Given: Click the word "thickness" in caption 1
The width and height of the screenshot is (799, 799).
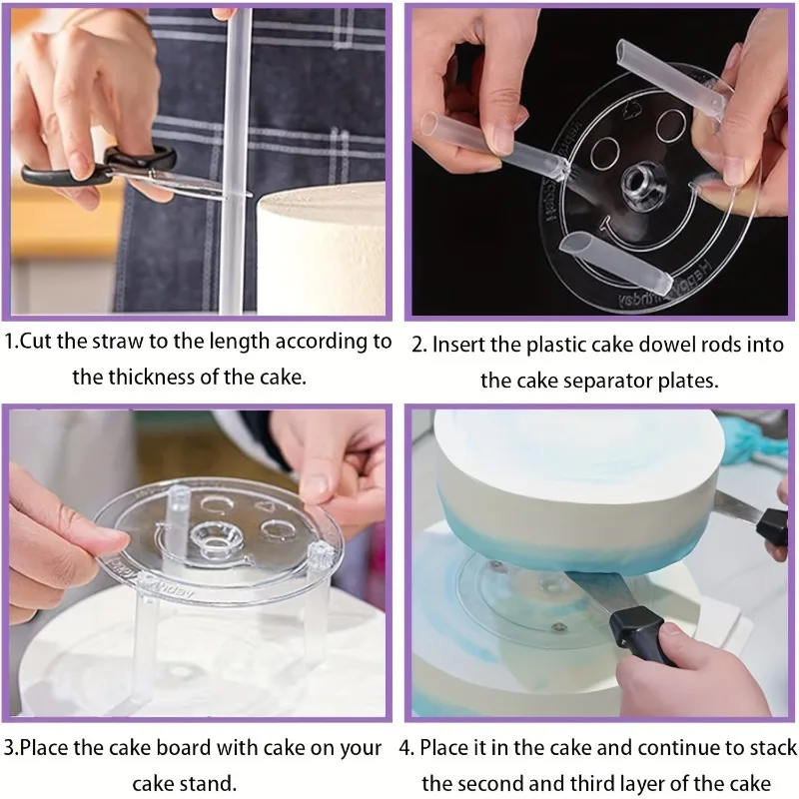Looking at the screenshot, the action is pyautogui.click(x=152, y=378).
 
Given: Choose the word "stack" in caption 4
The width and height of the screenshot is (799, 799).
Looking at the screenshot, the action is pyautogui.click(x=772, y=747).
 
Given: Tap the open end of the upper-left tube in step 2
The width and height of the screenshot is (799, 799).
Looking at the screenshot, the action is pyautogui.click(x=429, y=124).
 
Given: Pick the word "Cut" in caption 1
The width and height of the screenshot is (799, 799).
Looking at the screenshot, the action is pyautogui.click(x=36, y=341).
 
